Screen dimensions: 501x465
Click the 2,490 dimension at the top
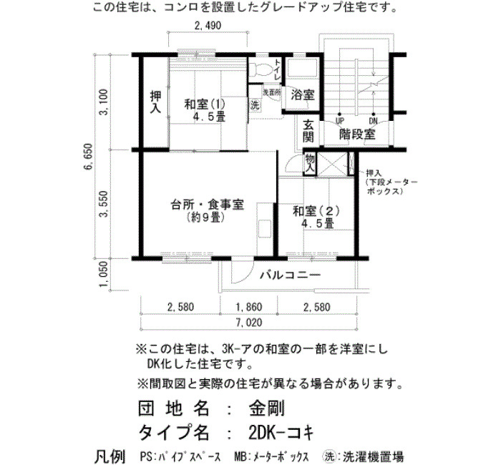[x=208, y=26]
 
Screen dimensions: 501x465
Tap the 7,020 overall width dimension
[x=249, y=323]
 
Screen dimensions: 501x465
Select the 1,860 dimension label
[x=249, y=307]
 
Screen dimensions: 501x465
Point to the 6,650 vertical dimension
[x=88, y=157]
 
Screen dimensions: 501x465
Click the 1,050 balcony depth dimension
[x=104, y=274]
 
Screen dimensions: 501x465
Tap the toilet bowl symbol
[x=259, y=69]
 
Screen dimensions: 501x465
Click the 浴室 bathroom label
[x=302, y=95]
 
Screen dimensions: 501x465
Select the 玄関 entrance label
[x=308, y=131]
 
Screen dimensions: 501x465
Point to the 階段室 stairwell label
[x=356, y=134]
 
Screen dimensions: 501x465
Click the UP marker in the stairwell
[x=339, y=121]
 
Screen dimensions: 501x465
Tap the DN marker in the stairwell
[x=373, y=121]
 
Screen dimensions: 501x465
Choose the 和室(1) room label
[x=205, y=104]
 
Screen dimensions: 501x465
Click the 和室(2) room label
[x=316, y=212]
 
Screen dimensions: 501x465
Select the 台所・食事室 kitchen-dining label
[x=208, y=205]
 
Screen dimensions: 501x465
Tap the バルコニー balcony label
[x=290, y=275]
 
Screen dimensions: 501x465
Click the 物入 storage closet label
[x=310, y=164]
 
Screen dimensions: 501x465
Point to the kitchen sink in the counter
[x=265, y=229]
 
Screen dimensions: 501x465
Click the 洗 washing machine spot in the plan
[x=255, y=105]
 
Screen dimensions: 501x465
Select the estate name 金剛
[x=266, y=408]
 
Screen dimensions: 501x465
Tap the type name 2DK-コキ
[x=281, y=433]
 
